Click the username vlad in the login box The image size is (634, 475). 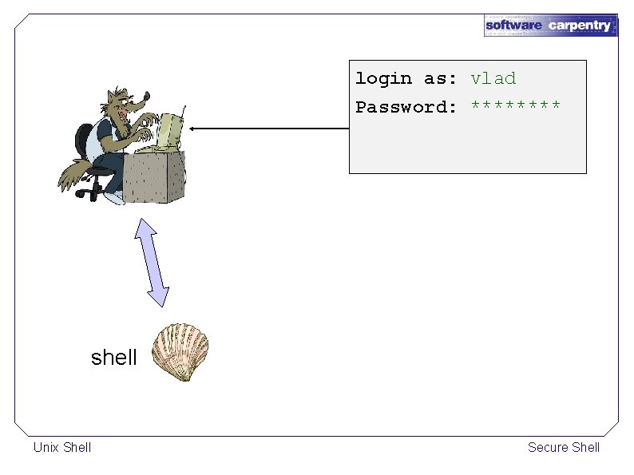(493, 78)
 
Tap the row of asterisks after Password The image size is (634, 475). (516, 105)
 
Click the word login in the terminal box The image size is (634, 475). (383, 79)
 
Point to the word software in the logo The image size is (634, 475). (514, 26)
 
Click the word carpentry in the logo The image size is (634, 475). (579, 26)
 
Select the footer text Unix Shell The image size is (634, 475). (62, 447)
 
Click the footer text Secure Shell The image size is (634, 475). (564, 447)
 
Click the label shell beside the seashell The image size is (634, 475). (114, 358)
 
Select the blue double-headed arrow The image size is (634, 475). (153, 261)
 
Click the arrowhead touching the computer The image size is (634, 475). (194, 129)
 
